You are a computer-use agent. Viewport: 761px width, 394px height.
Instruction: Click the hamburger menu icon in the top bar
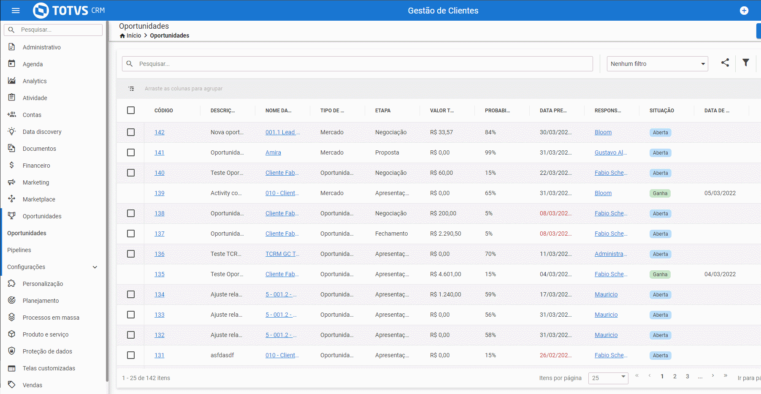pyautogui.click(x=16, y=11)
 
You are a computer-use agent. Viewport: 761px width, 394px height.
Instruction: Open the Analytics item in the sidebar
pyautogui.click(x=35, y=81)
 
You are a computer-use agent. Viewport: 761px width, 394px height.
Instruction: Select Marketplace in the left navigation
pyautogui.click(x=39, y=199)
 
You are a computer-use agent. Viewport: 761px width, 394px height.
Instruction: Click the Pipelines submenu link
pyautogui.click(x=19, y=250)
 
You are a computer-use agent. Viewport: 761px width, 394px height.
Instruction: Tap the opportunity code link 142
pyautogui.click(x=160, y=132)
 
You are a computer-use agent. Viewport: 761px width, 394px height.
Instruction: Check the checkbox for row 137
pyautogui.click(x=131, y=234)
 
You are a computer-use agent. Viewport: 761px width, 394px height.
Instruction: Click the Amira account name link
pyautogui.click(x=273, y=152)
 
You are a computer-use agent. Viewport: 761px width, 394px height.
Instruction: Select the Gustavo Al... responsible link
pyautogui.click(x=611, y=152)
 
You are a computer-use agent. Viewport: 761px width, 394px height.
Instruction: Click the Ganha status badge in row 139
pyautogui.click(x=660, y=193)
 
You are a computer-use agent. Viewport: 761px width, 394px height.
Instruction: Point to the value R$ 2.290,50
pyautogui.click(x=446, y=234)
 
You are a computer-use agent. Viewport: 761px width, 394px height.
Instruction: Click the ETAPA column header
pyautogui.click(x=383, y=111)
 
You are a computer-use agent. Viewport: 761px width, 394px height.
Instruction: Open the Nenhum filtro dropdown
pyautogui.click(x=657, y=64)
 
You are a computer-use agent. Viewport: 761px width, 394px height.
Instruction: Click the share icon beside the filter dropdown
pyautogui.click(x=725, y=62)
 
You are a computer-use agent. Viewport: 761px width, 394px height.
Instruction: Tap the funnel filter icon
pyautogui.click(x=746, y=62)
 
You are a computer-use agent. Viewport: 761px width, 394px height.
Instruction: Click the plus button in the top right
pyautogui.click(x=744, y=11)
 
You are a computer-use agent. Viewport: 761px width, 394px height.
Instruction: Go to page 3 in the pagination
pyautogui.click(x=688, y=377)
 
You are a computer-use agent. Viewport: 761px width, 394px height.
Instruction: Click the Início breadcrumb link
pyautogui.click(x=134, y=35)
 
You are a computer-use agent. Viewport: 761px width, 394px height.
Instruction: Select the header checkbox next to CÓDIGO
pyautogui.click(x=131, y=110)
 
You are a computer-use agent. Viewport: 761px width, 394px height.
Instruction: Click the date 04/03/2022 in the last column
pyautogui.click(x=720, y=274)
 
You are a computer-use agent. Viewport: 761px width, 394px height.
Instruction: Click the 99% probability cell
pyautogui.click(x=490, y=152)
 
